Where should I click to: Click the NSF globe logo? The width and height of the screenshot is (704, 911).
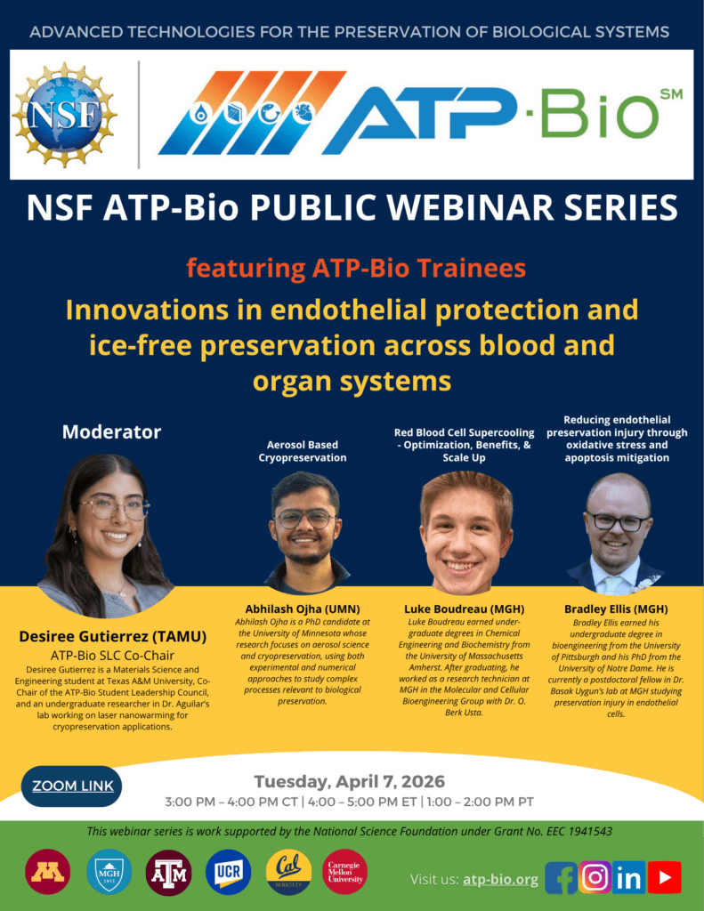63,115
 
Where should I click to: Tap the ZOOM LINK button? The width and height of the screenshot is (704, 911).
73,786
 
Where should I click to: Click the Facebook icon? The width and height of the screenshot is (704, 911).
561,877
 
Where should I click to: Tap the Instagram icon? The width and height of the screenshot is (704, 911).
595,877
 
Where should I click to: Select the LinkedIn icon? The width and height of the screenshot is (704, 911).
628,877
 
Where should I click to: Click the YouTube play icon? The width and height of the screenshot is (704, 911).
664,877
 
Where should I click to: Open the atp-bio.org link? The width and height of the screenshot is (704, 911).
500,879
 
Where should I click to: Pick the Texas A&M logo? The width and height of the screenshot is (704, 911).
167,872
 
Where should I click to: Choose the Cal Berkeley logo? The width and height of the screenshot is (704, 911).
288,872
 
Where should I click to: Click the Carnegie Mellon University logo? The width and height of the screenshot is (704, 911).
345,872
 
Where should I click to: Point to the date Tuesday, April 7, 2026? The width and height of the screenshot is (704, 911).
349,782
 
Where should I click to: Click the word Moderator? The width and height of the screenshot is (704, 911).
111,432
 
